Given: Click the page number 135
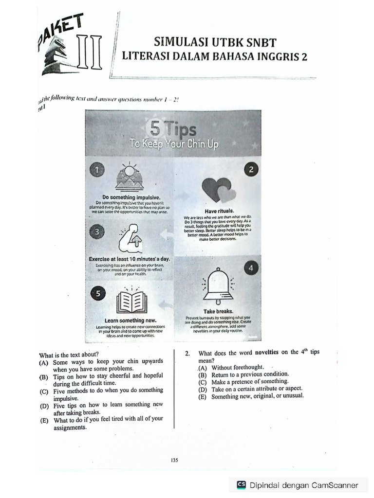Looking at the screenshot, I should pyautogui.click(x=174, y=460).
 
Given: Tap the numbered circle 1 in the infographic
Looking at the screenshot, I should pyautogui.click(x=97, y=170).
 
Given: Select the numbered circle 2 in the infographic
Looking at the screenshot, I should pyautogui.click(x=251, y=170).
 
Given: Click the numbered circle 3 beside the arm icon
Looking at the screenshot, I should pyautogui.click(x=97, y=232).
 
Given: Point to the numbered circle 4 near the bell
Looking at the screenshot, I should pyautogui.click(x=251, y=268).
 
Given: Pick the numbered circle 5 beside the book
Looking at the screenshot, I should pyautogui.click(x=97, y=293).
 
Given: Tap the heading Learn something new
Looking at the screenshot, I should pyautogui.click(x=131, y=320).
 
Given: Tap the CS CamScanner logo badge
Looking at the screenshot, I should pyautogui.click(x=242, y=485).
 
